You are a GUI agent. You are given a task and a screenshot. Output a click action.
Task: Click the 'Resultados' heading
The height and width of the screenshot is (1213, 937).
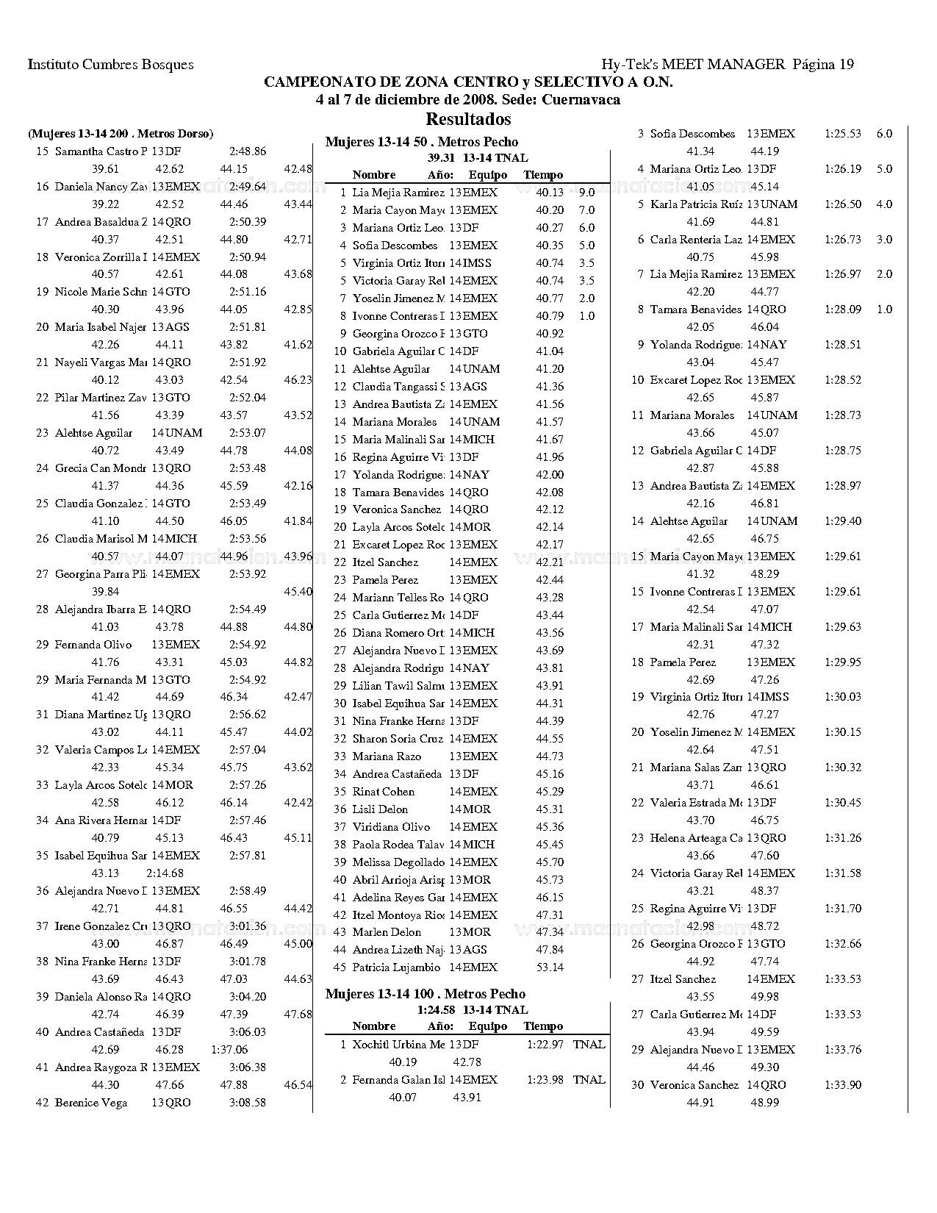coord(468,119)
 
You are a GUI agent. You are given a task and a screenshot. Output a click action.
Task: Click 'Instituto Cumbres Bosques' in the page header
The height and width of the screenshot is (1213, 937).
coord(111,65)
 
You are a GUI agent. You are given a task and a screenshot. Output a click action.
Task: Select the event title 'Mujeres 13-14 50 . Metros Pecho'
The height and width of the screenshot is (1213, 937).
coord(422,142)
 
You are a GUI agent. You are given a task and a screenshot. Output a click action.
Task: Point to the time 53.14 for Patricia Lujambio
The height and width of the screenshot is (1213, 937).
coord(550,967)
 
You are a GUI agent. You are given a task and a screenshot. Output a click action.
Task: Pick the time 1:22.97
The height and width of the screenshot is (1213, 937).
coord(545,1045)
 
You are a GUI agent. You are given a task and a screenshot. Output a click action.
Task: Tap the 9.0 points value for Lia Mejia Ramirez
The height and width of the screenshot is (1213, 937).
coord(586,193)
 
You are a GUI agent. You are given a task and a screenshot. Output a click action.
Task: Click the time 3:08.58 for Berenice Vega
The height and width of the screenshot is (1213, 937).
coord(248,1103)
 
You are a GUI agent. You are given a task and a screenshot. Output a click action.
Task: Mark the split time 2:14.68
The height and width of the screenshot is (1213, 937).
coord(165,873)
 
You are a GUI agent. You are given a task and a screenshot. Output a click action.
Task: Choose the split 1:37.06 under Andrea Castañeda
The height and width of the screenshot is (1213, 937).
coord(229,1050)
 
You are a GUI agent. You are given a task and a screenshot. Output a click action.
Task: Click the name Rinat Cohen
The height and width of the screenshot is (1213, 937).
coord(384,792)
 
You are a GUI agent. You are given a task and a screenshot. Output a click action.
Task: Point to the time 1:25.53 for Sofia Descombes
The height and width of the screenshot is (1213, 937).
coord(843,134)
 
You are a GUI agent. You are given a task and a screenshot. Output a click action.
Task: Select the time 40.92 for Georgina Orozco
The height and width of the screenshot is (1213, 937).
coord(550,334)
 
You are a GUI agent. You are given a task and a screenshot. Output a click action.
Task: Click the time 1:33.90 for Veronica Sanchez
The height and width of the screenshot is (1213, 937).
coord(843,1085)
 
